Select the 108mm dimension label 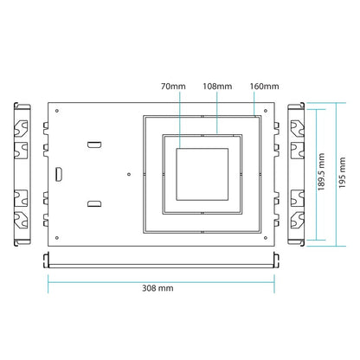(216, 87)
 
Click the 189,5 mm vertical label (320, 171)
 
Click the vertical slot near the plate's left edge (59, 174)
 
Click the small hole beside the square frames (129, 174)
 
